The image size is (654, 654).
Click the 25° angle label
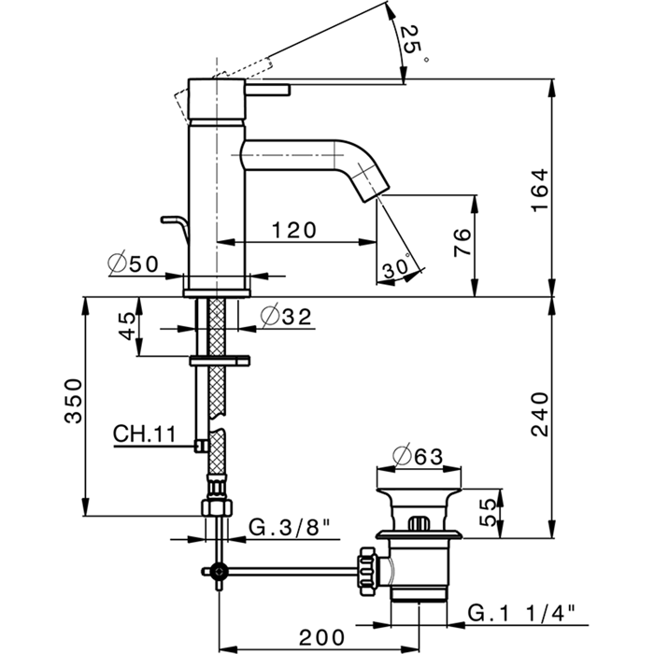pos(412,43)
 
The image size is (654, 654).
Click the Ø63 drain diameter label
pos(417,457)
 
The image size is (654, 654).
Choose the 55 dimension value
pos(487,511)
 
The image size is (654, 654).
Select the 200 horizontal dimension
pos(321,637)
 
